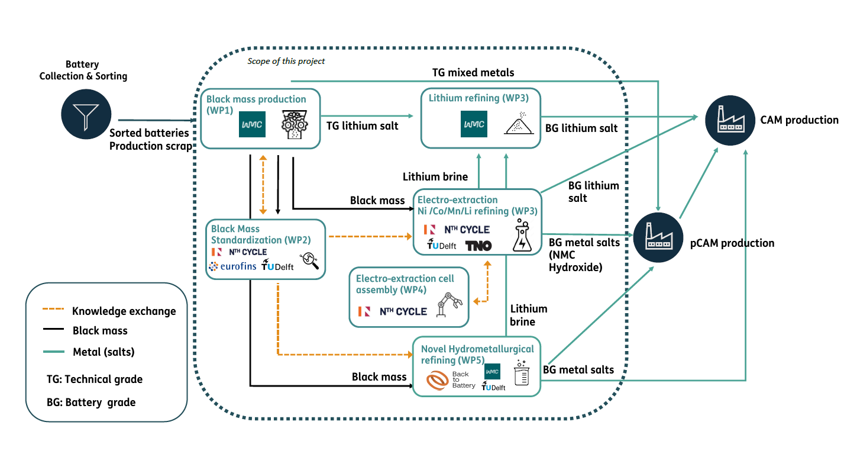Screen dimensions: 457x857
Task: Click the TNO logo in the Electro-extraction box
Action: [x=478, y=245]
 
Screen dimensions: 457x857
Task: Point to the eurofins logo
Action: [x=232, y=266]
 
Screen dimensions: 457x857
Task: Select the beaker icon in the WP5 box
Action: [x=521, y=374]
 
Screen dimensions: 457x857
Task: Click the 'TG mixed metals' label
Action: [x=473, y=73]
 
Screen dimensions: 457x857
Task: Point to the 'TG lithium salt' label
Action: [x=363, y=125]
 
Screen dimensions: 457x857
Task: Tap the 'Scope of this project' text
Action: [x=286, y=61]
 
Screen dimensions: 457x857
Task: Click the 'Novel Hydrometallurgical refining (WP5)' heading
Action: [x=477, y=354]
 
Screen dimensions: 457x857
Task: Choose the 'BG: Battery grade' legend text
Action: [x=91, y=403]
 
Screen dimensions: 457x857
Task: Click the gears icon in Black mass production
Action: [x=293, y=124]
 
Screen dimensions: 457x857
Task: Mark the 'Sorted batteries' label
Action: [x=149, y=133]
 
